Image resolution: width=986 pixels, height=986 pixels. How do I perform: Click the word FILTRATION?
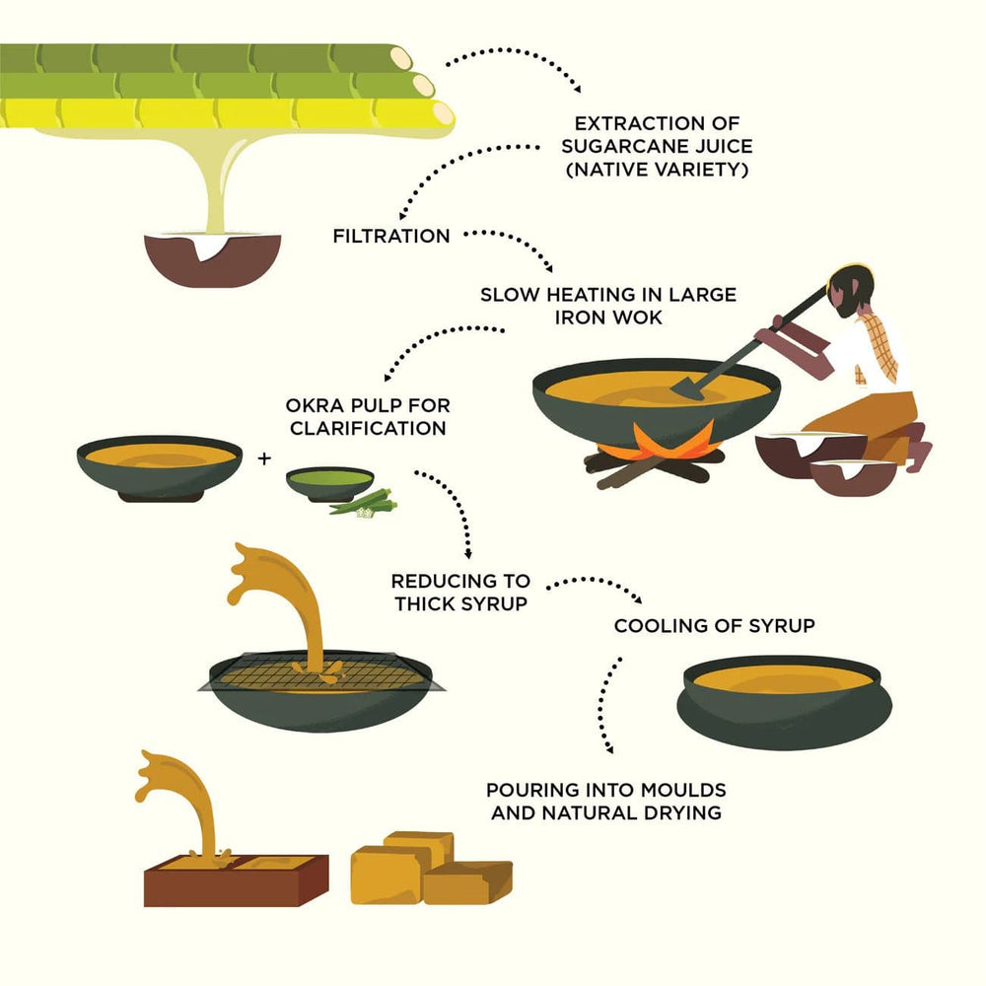point(391,236)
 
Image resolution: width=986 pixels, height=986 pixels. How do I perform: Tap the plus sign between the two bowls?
point(264,458)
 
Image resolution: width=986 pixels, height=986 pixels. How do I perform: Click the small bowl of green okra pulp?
point(330,483)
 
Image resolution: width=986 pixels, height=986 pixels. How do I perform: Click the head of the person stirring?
point(850,292)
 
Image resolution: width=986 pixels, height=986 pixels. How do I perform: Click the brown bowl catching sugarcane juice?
point(213,259)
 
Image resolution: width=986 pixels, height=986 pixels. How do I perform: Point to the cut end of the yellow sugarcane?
point(443,113)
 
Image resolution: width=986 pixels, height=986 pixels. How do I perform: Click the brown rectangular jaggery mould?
point(236,880)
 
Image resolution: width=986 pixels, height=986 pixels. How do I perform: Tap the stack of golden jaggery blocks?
point(431,868)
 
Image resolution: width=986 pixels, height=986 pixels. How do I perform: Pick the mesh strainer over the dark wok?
point(321,672)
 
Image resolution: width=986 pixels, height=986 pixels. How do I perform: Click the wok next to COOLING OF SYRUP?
point(784,702)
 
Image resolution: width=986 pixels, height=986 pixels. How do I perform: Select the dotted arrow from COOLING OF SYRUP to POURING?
point(603,705)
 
